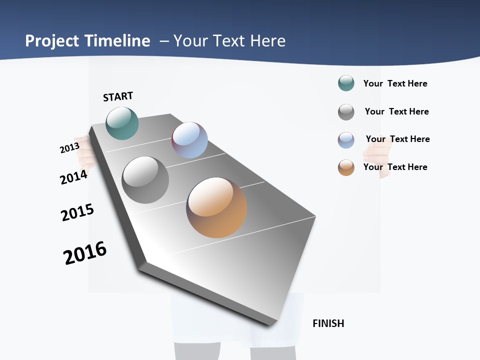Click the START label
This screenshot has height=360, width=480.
(x=118, y=96)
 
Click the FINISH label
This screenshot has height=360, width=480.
(x=328, y=323)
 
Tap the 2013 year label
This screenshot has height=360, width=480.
(x=69, y=148)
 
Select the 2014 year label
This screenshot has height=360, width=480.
(x=73, y=177)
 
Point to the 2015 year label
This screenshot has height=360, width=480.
(x=77, y=212)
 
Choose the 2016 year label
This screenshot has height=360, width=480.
(x=85, y=253)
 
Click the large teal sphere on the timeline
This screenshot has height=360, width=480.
(x=122, y=123)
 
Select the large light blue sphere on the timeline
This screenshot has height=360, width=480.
(x=189, y=140)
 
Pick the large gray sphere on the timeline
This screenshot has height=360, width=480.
(x=145, y=180)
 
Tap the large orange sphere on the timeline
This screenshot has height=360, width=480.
(x=216, y=207)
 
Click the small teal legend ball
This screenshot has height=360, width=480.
(x=346, y=83)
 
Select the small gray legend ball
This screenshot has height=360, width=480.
(x=346, y=112)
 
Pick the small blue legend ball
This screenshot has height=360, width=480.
(x=346, y=140)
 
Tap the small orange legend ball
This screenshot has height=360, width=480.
(x=346, y=167)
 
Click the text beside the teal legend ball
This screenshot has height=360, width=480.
(x=395, y=83)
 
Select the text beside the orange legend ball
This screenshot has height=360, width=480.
(x=395, y=167)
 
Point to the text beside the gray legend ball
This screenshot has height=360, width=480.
(x=396, y=111)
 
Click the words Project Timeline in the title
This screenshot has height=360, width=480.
(x=87, y=41)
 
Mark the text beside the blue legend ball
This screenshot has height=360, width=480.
(x=397, y=139)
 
